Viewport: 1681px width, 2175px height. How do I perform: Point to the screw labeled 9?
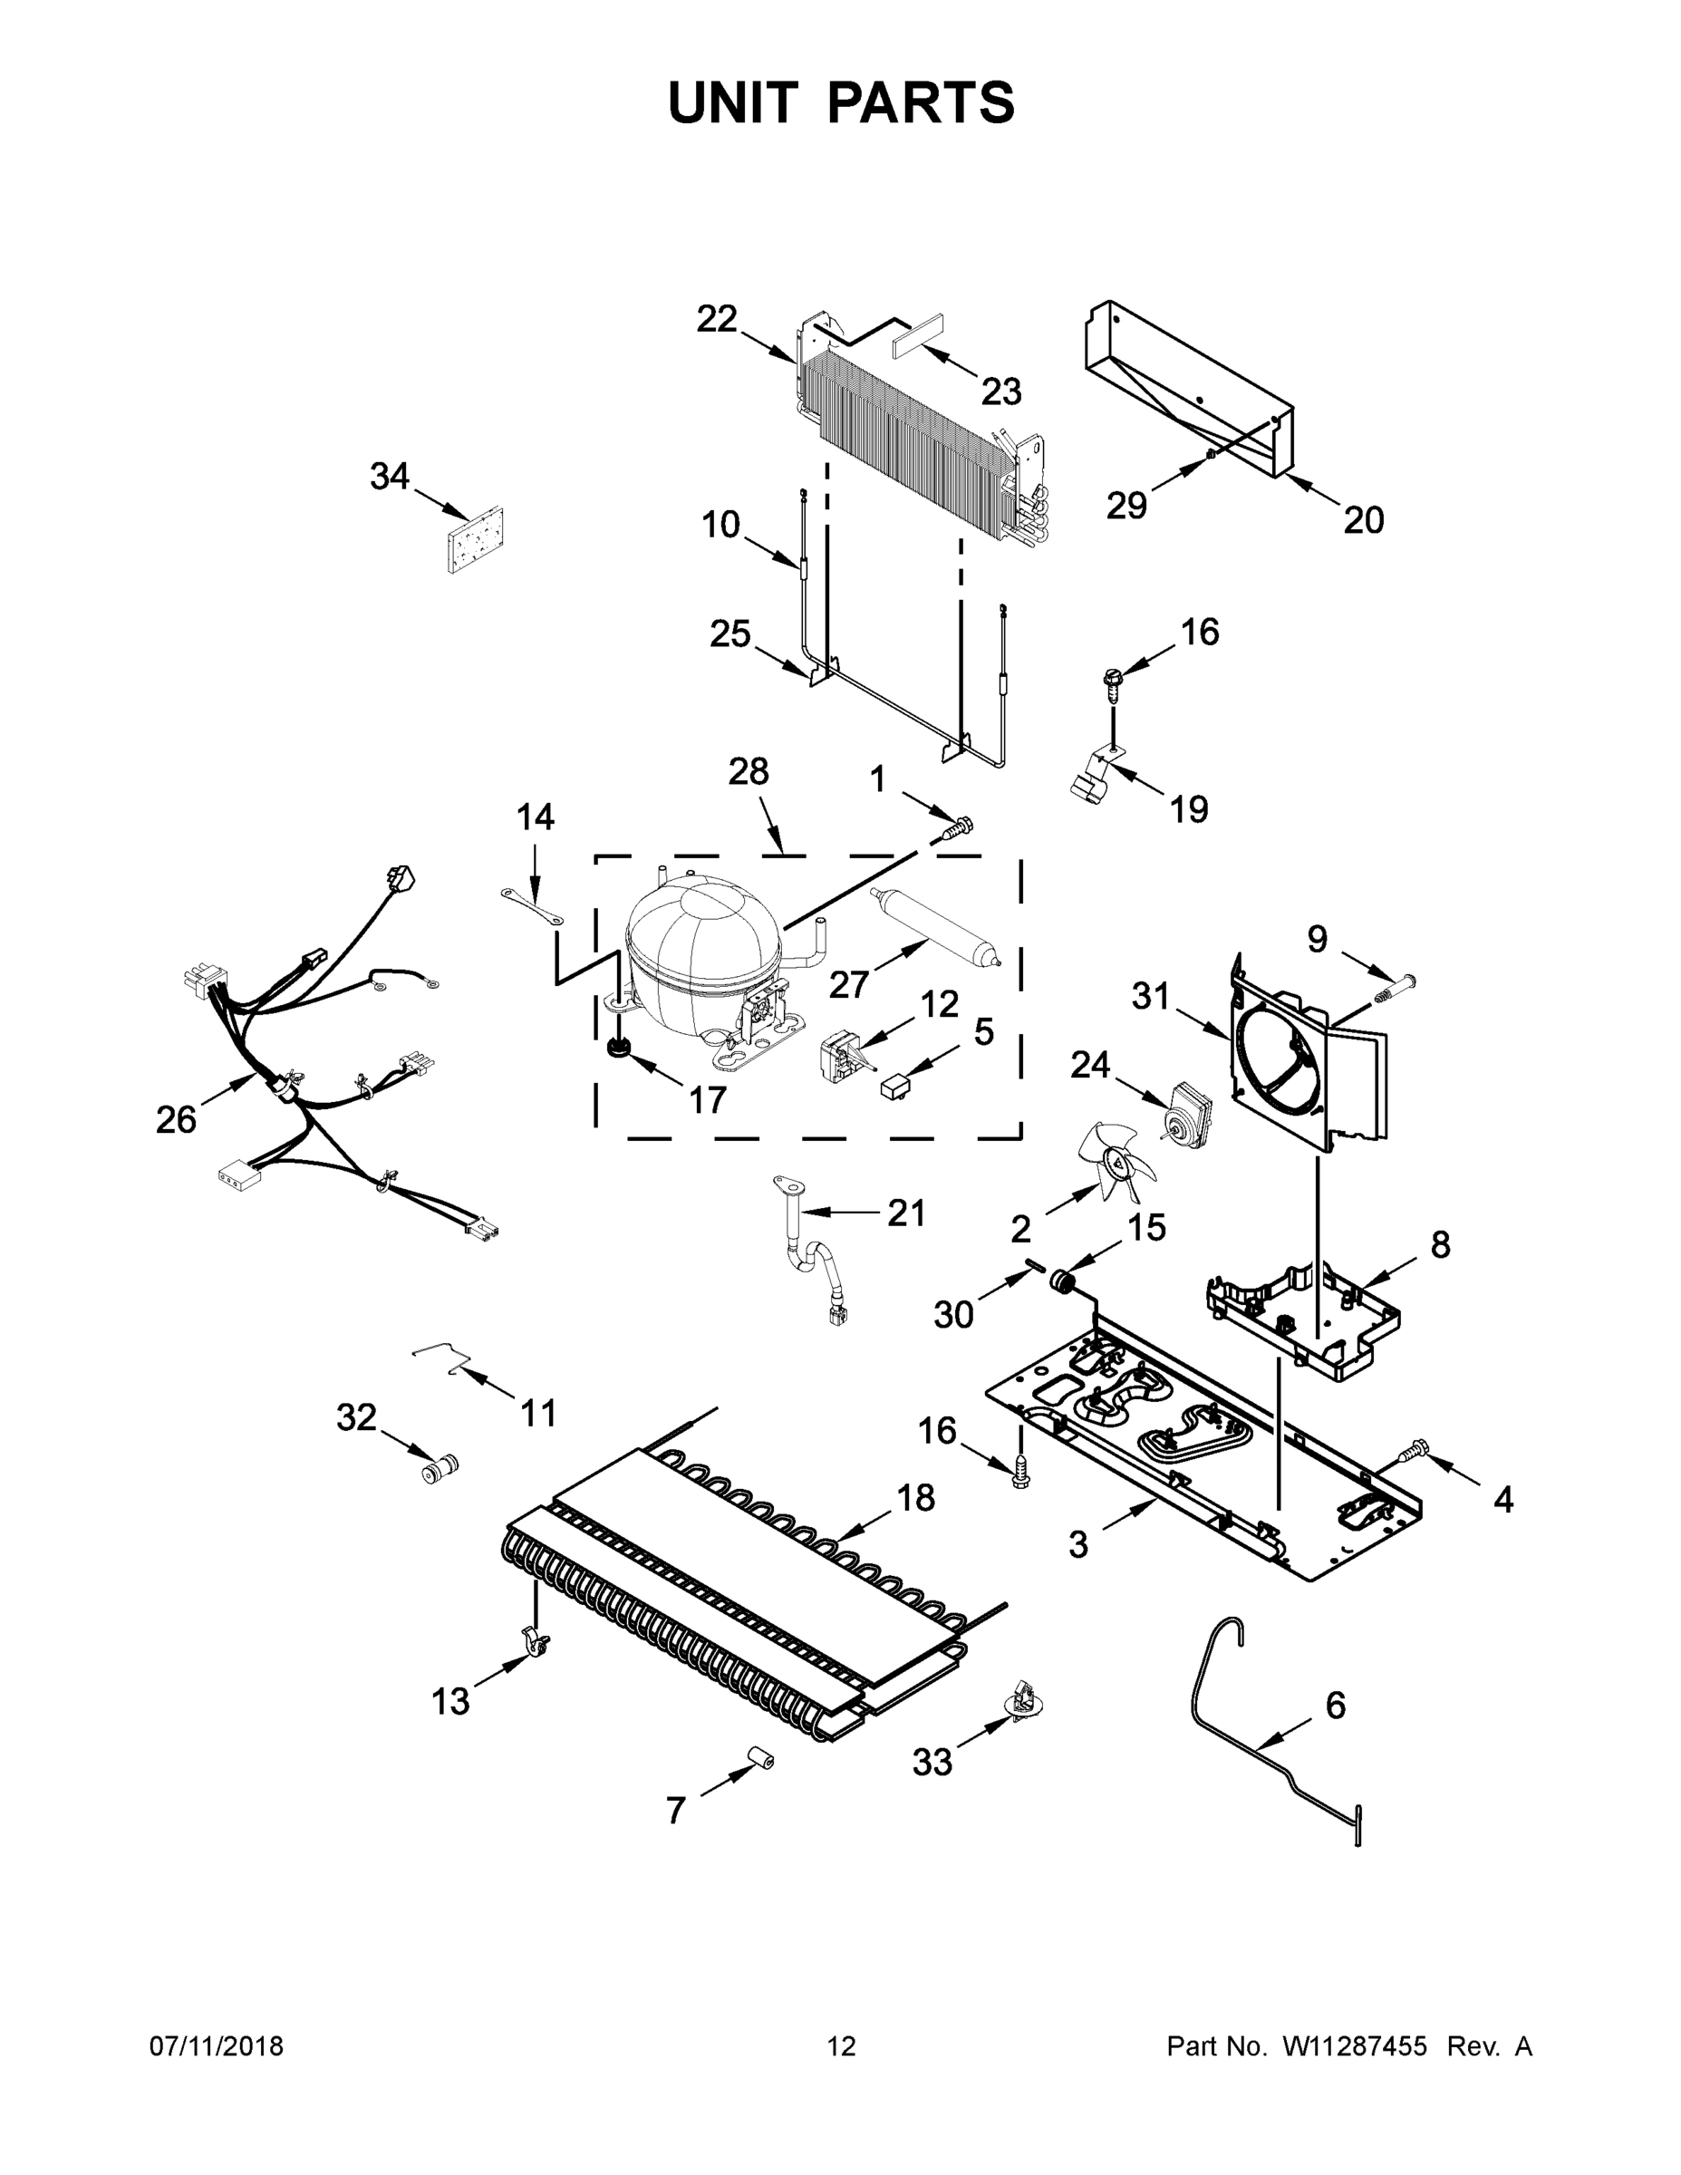point(1395,989)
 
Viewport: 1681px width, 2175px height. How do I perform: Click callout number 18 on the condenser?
point(916,1497)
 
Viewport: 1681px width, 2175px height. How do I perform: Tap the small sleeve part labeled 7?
point(763,1760)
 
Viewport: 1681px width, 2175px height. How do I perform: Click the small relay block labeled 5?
point(894,1083)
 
